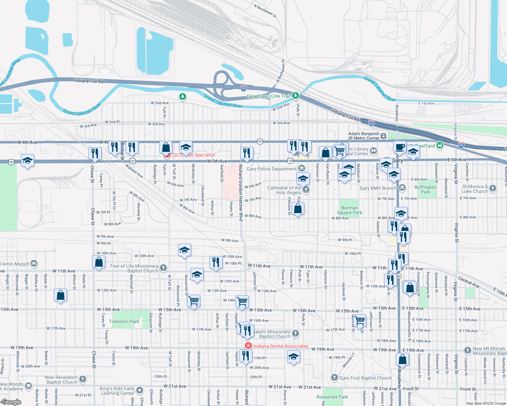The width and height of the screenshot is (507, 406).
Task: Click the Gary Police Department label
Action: point(271,169)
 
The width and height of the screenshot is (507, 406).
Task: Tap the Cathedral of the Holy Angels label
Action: point(284,190)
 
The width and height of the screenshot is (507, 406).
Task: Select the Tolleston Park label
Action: point(124,321)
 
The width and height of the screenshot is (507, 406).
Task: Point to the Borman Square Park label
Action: point(349,210)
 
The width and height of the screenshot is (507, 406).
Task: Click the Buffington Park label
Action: point(425,189)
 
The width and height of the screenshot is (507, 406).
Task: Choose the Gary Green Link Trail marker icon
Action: point(296,96)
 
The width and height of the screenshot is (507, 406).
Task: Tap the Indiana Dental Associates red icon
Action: point(248,346)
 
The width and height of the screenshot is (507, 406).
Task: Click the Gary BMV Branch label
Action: point(378,188)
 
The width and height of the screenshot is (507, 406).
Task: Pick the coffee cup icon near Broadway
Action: point(400,148)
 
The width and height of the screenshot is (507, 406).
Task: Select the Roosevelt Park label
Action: point(332,397)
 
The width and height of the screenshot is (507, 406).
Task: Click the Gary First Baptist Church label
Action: point(365,378)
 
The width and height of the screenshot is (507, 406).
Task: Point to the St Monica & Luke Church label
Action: point(475,189)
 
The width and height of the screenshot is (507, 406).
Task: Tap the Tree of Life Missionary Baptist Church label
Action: point(134,268)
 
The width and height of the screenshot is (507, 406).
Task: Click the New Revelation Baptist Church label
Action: point(61,380)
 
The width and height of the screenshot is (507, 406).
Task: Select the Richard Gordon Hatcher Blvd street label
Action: point(241,193)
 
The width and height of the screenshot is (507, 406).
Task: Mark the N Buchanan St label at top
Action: point(265,11)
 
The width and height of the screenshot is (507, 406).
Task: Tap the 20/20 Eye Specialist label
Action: point(194,155)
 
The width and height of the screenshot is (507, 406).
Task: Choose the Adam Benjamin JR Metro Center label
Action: point(364,136)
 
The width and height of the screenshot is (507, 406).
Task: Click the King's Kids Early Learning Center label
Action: point(117,391)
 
